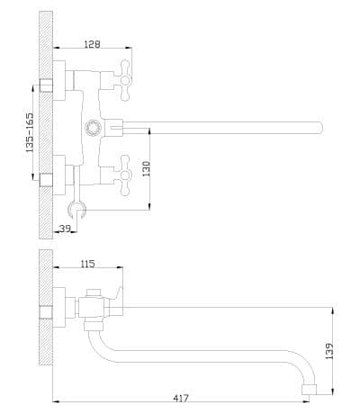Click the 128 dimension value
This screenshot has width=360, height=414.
pos(92,44)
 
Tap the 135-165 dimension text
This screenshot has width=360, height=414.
pos(30,132)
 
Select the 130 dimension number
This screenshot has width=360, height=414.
pos(147,168)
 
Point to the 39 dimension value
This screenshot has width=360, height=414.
pos(65,229)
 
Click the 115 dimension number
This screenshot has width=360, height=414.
pos(87,264)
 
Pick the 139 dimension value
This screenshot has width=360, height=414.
pos(329,351)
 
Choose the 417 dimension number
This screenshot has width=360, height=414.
pos(181,398)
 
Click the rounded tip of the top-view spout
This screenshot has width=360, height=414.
pos(321,128)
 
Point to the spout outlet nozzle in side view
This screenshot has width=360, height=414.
pos(309,389)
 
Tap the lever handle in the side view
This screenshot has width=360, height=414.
pos(118,293)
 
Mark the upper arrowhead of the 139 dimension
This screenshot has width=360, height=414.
pos(331,310)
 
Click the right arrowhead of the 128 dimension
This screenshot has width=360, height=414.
pos(129,48)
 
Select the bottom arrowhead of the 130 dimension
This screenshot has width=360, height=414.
pos(149,206)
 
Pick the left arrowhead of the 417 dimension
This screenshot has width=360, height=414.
pos(57,401)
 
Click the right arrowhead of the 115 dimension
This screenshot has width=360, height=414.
pos(120,266)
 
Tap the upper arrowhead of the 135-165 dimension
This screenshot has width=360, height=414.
pos(33,89)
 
